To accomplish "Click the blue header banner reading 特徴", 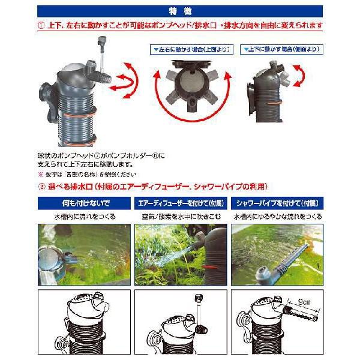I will click(x=180, y=11).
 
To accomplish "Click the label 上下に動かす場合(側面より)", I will click(x=278, y=46).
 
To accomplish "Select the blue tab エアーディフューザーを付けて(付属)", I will click(x=179, y=203).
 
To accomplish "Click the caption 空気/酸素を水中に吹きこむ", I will click(x=179, y=216).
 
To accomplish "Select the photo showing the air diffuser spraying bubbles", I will click(x=179, y=254).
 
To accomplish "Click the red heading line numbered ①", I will click(x=180, y=26).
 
